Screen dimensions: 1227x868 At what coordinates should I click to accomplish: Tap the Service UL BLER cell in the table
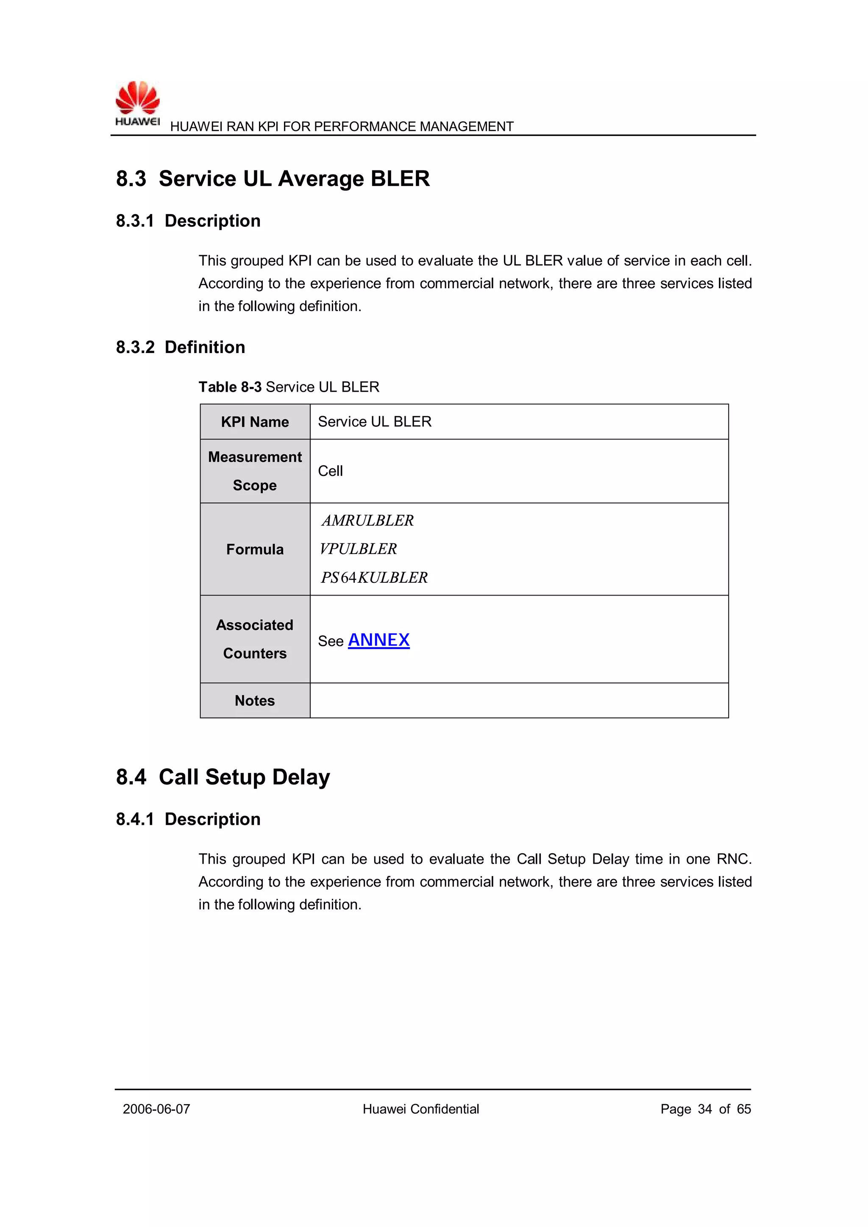[x=374, y=422]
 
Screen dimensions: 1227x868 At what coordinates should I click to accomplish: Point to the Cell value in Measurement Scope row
[x=330, y=471]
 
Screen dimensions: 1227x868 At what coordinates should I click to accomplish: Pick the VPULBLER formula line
[x=358, y=549]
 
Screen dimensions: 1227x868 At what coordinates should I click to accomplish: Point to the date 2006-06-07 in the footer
[x=156, y=1109]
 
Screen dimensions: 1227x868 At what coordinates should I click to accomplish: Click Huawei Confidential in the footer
[x=420, y=1109]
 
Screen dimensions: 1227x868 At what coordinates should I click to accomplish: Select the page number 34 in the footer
[x=704, y=1109]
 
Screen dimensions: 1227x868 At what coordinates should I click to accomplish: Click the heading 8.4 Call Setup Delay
[x=223, y=777]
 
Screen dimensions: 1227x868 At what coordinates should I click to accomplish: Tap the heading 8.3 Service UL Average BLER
[x=273, y=178]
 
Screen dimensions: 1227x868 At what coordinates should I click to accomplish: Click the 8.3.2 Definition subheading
[x=180, y=348]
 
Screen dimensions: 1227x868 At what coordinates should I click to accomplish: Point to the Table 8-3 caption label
[x=230, y=387]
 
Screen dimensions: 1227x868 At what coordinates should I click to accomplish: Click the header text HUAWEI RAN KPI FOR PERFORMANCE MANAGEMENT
[x=342, y=127]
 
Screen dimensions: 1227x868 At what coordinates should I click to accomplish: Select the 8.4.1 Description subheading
[x=188, y=819]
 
